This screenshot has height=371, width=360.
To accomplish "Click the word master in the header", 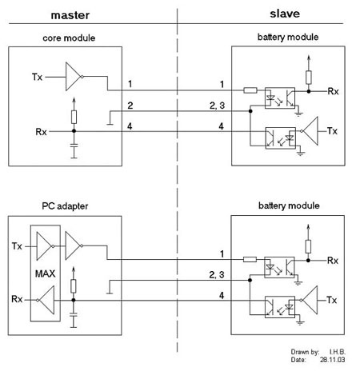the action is click(x=70, y=15).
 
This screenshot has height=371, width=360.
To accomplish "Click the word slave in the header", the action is click(x=285, y=14).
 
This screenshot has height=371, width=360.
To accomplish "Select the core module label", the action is click(x=69, y=38).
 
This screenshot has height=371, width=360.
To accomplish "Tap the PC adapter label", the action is click(x=65, y=206).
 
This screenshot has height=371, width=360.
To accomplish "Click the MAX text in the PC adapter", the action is click(x=45, y=273).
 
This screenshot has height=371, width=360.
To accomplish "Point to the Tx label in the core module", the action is click(x=37, y=77).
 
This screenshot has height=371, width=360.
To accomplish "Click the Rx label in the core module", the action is click(x=41, y=132).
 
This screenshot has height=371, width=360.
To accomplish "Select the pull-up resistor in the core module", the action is click(x=74, y=117).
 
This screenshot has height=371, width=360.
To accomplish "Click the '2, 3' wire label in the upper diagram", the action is click(x=217, y=106).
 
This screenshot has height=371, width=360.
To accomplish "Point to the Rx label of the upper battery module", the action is click(x=333, y=91).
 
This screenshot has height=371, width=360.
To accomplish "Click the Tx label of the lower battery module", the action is click(x=331, y=300).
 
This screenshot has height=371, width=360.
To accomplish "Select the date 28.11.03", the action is click(x=332, y=360).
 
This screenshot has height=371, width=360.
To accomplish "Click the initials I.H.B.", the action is click(x=338, y=352).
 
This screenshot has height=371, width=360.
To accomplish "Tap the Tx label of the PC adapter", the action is click(x=17, y=246).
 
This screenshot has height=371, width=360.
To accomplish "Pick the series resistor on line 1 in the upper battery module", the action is click(x=250, y=90).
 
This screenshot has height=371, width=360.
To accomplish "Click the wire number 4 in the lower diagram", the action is click(x=222, y=296).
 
